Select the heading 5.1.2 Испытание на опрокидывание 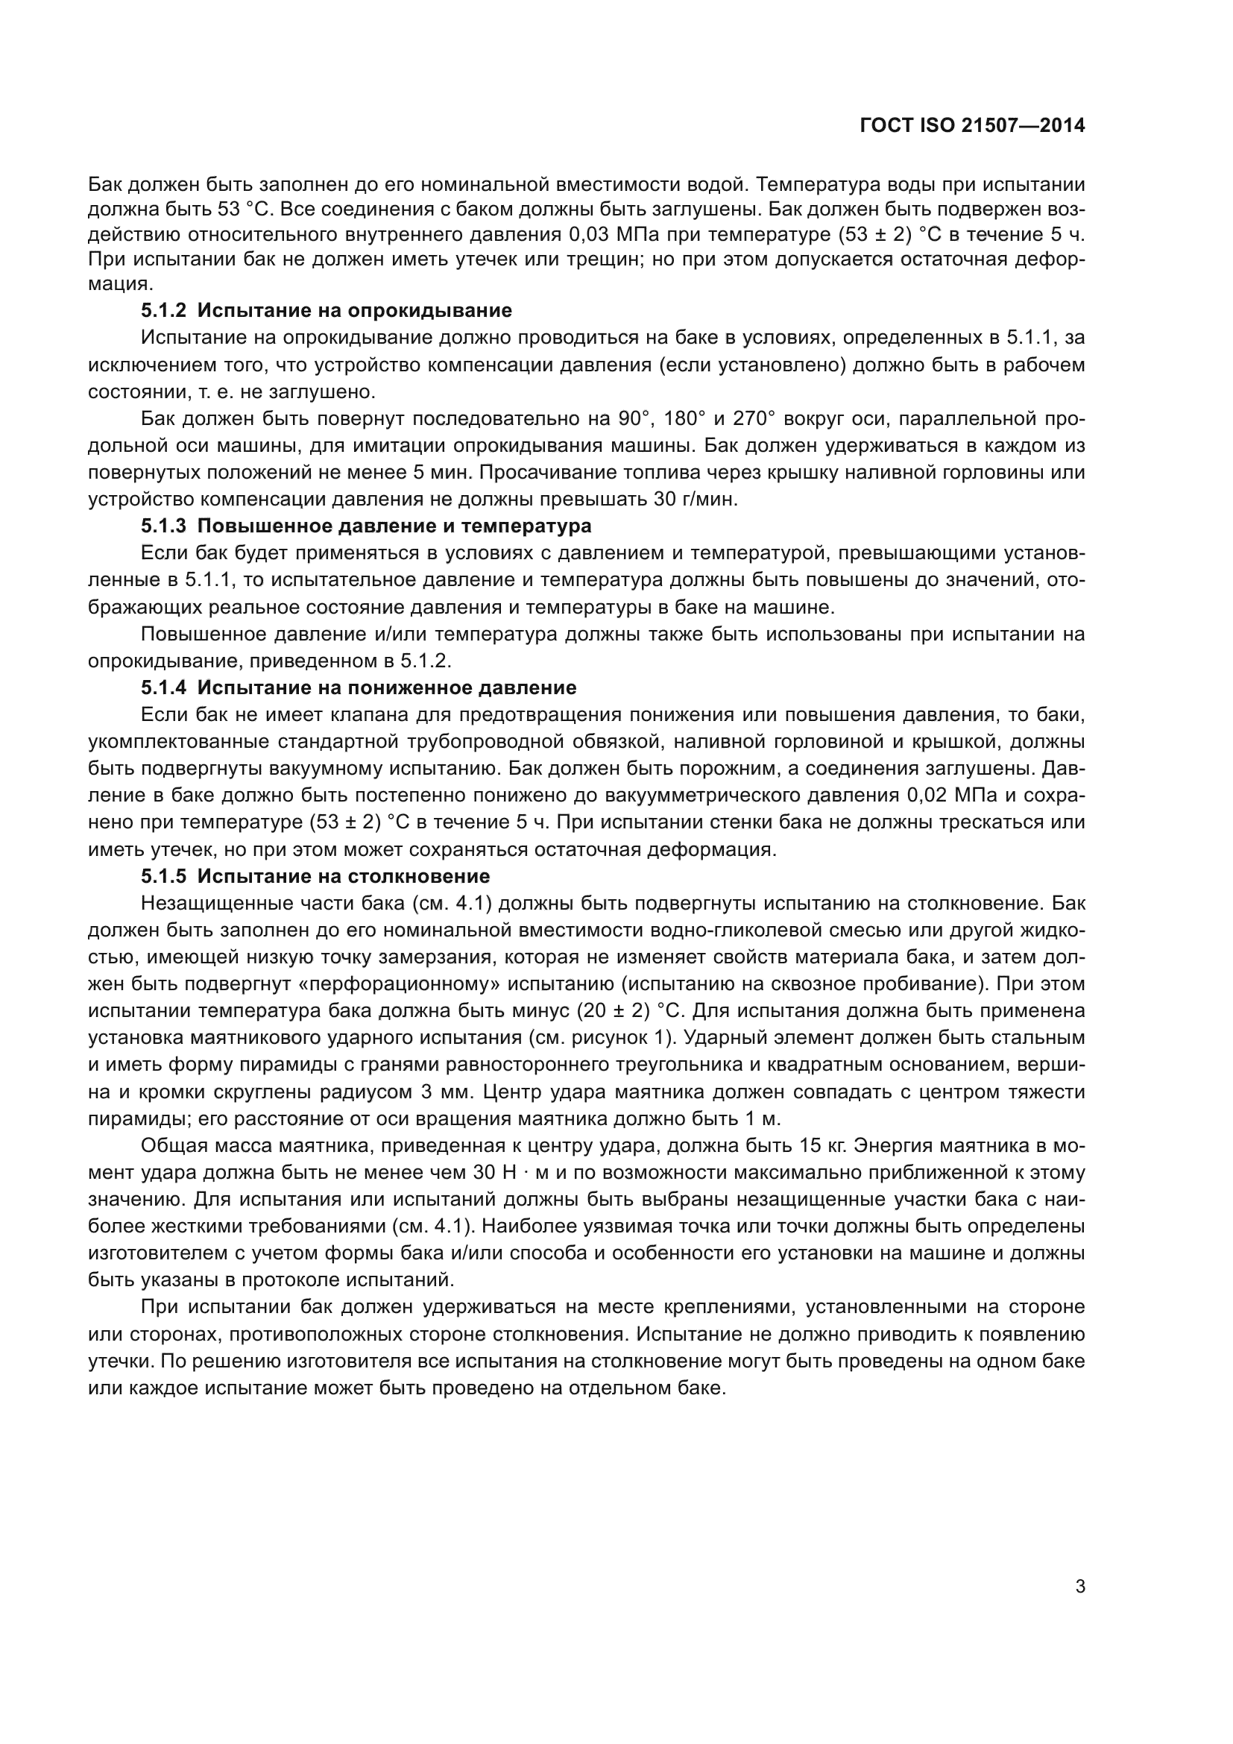pos(327,310)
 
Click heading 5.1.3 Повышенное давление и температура pos(366,526)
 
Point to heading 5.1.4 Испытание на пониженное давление pos(359,687)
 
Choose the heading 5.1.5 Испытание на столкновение pos(315,876)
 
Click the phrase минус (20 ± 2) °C pos(607,1011)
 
